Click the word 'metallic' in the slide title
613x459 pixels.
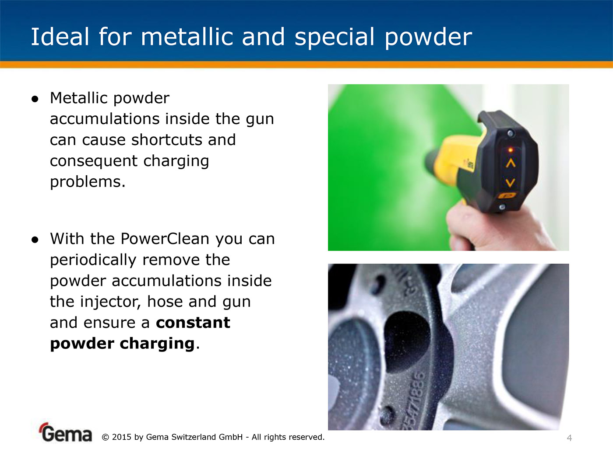click(187, 37)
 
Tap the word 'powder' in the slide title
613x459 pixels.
click(428, 38)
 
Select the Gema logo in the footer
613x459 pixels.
click(65, 432)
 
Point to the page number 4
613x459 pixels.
click(569, 438)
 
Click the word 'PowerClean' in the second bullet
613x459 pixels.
click(165, 239)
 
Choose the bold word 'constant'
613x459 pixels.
click(193, 323)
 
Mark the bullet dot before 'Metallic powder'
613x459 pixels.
click(35, 99)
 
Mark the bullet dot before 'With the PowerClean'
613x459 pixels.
click(35, 240)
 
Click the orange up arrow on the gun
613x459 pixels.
click(511, 163)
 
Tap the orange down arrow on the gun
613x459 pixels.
click(510, 183)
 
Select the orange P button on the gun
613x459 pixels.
click(507, 196)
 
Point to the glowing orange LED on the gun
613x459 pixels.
click(511, 150)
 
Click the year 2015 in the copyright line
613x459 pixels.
click(121, 437)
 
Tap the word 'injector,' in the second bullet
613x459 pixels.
click(111, 302)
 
